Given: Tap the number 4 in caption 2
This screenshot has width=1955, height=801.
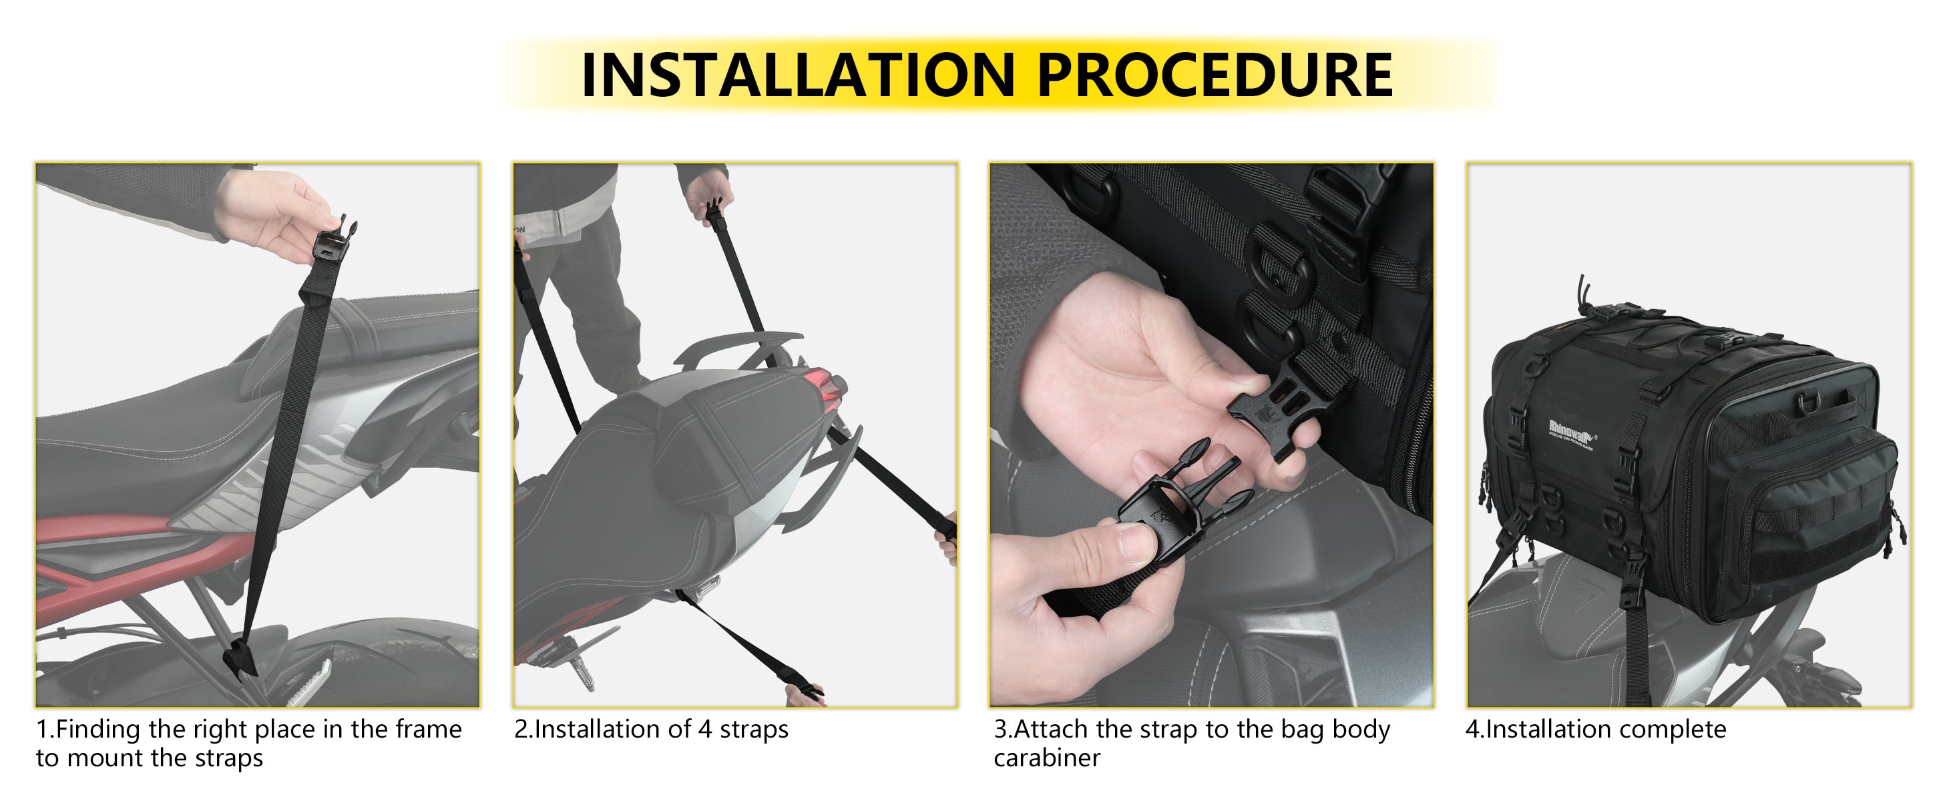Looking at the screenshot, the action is pyautogui.click(x=705, y=730).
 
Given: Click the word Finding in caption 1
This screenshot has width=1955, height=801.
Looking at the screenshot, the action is pyautogui.click(x=98, y=730).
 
